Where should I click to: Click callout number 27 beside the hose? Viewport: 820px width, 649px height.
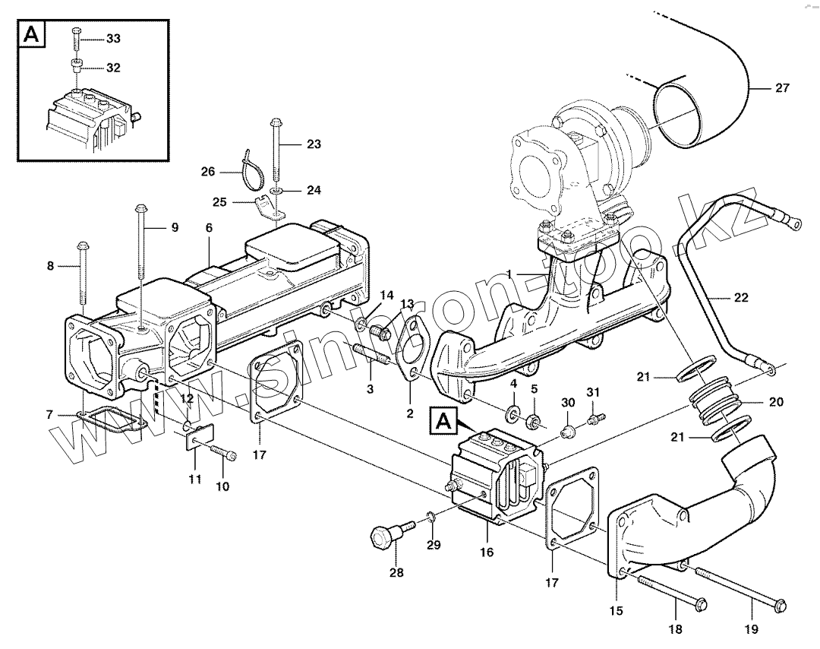click(x=782, y=88)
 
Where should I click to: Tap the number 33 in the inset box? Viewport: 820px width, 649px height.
click(x=113, y=39)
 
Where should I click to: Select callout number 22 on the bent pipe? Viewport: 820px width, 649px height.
click(x=741, y=298)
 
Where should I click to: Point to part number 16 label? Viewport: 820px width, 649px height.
click(x=487, y=552)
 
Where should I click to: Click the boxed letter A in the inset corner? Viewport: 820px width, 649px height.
click(x=32, y=34)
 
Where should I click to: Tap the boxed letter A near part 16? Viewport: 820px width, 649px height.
click(x=443, y=421)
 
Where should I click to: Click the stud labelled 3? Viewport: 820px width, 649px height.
click(x=371, y=354)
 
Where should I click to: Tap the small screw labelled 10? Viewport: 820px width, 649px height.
click(x=223, y=452)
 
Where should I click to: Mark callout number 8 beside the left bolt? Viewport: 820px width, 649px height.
click(x=50, y=267)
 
